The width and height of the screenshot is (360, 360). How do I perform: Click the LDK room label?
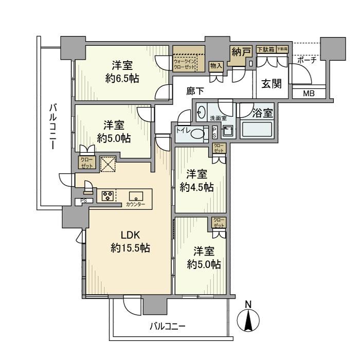[130, 236]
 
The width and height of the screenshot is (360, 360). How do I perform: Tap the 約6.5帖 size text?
[122, 79]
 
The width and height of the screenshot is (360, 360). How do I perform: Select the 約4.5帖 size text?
[196, 188]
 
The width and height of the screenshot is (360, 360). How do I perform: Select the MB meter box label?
[308, 94]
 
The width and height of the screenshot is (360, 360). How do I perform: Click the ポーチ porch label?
[307, 60]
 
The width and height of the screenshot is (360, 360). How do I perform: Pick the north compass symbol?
[248, 320]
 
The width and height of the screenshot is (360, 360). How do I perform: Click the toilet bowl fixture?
[199, 134]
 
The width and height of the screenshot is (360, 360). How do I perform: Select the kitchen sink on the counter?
[136, 195]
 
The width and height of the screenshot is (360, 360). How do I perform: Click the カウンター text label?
[135, 205]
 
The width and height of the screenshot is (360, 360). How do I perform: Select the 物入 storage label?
[216, 65]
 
